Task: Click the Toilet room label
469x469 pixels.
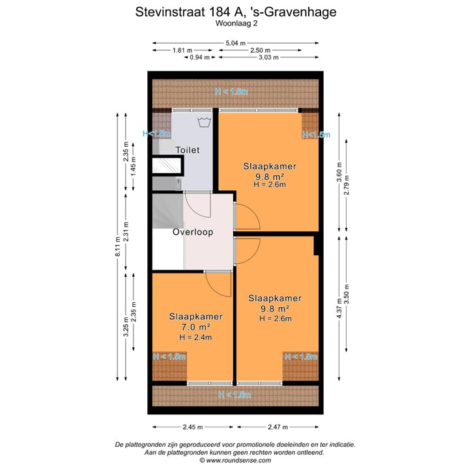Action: click(188, 150)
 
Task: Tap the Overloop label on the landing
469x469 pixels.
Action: click(193, 232)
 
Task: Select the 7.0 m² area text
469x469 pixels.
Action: click(195, 326)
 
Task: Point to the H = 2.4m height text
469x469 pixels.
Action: click(195, 337)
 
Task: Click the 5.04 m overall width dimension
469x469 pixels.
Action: click(235, 43)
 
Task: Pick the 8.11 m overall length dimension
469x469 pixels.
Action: click(118, 247)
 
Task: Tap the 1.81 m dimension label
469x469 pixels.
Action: click(182, 50)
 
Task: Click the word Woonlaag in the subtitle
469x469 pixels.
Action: click(230, 23)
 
